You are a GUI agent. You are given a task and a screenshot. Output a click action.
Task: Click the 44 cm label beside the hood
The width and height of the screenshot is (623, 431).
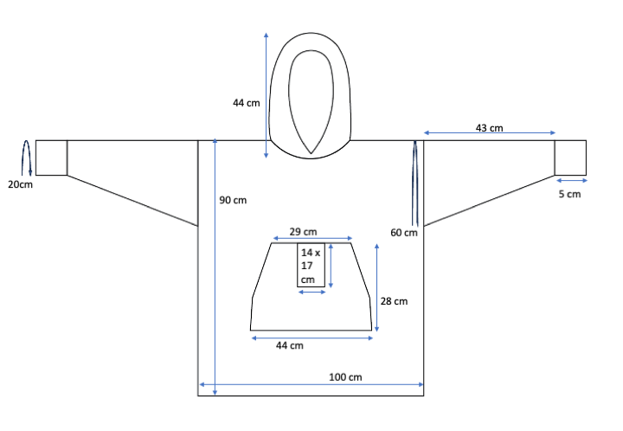click(247, 103)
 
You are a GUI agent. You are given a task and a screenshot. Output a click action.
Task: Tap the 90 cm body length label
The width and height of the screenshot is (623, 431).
click(233, 200)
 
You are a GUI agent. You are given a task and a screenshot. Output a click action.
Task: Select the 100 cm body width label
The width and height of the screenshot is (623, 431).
click(345, 377)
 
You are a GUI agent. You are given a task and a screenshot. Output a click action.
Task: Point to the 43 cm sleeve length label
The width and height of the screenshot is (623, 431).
click(489, 128)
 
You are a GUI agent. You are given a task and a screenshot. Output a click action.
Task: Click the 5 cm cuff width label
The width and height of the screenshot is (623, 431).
click(569, 194)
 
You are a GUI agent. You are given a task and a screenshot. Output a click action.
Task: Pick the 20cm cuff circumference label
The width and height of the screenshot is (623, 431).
click(20, 184)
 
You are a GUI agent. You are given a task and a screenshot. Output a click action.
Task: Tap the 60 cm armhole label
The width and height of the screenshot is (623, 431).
click(404, 233)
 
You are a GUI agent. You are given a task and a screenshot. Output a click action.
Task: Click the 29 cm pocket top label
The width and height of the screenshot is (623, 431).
click(303, 232)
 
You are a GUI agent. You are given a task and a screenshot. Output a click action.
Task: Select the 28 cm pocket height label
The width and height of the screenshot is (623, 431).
click(394, 301)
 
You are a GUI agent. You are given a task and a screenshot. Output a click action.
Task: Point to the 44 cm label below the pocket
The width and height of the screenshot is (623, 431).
click(290, 345)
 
